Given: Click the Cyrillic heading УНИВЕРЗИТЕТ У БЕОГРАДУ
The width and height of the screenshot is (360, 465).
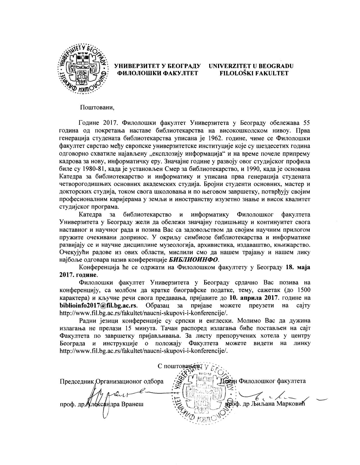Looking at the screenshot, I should (157, 66).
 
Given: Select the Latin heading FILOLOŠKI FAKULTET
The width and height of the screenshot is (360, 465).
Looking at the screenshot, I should (254, 73).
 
